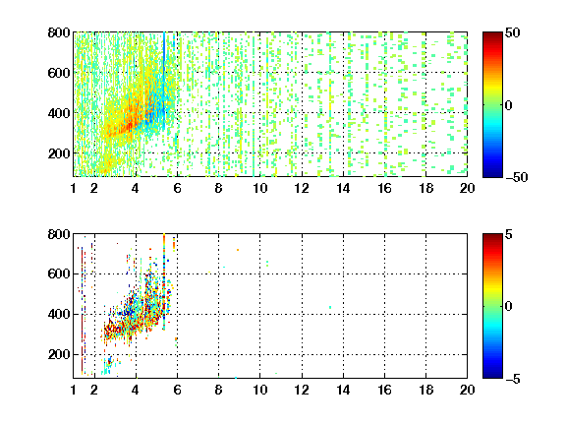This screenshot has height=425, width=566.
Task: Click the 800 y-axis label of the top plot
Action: point(59,32)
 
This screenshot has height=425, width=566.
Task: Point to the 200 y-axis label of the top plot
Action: point(59,153)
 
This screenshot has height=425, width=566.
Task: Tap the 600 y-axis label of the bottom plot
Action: point(59,273)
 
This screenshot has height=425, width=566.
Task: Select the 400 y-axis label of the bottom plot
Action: point(59,314)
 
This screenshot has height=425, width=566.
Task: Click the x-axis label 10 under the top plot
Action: point(259,188)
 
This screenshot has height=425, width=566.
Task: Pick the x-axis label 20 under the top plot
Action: point(467,188)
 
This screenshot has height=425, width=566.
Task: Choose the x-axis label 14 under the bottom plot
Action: point(343,390)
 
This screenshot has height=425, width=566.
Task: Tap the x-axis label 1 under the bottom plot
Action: point(74,390)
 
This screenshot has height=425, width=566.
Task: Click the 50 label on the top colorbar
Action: point(512,32)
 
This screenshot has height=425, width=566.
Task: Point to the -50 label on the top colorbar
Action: point(517,177)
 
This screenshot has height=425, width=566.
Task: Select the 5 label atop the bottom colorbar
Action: point(509,234)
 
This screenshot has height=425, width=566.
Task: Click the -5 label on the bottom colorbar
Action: point(513,379)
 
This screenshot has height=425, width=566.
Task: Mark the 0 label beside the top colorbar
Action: point(508,105)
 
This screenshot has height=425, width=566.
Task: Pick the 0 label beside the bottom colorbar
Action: point(508,307)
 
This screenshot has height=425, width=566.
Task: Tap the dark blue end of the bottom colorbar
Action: point(492,376)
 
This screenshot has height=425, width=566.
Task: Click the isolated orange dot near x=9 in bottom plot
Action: point(238,250)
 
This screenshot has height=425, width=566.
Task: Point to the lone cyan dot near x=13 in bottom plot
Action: point(330,308)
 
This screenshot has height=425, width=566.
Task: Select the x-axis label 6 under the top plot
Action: point(177,188)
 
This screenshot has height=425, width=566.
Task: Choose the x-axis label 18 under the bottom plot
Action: point(425,390)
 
